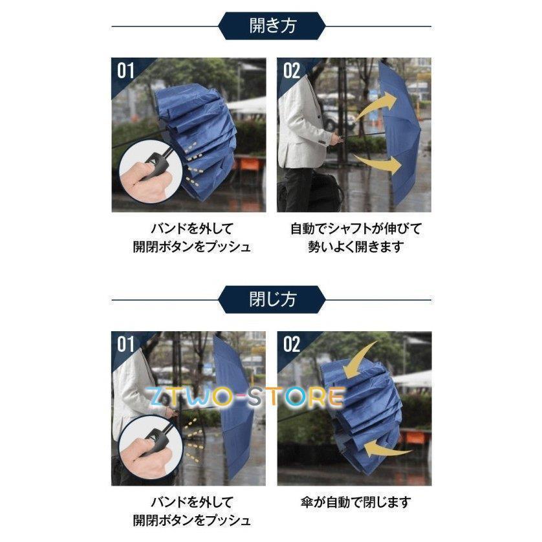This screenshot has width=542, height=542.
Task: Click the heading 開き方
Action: tap(272, 26)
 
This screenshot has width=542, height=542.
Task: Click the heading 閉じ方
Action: tap(272, 299)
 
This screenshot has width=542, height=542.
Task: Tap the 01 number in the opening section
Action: tap(125, 71)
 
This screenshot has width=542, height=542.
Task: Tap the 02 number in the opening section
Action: tap(292, 71)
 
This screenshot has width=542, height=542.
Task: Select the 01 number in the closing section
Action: tap(125, 344)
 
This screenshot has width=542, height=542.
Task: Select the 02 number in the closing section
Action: tap(292, 344)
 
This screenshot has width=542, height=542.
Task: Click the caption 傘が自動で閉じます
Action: tap(355, 503)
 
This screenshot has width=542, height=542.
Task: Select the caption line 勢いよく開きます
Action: tap(356, 247)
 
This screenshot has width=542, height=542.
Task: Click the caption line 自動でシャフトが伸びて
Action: tap(356, 229)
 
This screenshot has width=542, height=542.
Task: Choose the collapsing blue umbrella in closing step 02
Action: tap(363, 415)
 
